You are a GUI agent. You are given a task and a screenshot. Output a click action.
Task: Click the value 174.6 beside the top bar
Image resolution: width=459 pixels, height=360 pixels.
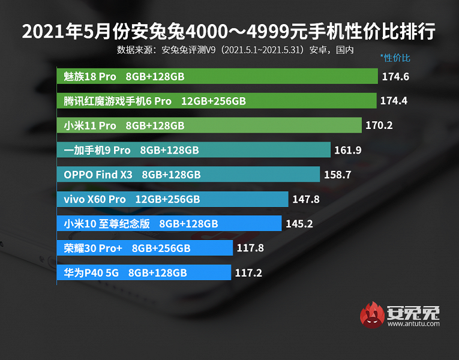point(394,77)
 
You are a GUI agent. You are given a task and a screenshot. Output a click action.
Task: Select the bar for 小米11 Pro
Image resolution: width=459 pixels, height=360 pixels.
point(211,125)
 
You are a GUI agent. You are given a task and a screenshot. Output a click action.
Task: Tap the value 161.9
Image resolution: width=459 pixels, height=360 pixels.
point(348,150)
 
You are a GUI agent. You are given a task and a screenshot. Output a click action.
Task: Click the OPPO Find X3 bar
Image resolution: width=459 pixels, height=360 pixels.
point(188,175)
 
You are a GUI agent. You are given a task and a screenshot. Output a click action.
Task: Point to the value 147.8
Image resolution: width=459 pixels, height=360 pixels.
point(305,199)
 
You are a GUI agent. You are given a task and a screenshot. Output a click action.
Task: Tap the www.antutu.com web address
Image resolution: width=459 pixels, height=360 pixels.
point(413,324)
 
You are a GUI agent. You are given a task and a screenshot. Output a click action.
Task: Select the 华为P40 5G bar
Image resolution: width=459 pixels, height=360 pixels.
point(144,272)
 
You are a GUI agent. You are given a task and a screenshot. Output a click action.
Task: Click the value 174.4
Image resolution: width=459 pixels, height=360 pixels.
point(394,101)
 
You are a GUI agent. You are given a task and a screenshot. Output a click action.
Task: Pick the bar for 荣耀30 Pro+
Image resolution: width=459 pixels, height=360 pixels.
point(145,248)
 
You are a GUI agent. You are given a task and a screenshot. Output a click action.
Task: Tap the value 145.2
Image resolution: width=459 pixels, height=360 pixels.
point(298,224)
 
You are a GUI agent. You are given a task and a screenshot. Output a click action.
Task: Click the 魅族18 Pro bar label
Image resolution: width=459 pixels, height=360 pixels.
point(90,77)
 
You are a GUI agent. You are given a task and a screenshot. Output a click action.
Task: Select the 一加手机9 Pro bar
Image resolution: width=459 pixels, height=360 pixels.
point(194,150)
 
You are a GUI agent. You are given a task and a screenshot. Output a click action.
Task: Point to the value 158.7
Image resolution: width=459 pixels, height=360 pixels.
point(337,175)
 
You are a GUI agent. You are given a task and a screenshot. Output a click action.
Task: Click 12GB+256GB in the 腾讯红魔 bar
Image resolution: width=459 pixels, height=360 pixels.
point(214,101)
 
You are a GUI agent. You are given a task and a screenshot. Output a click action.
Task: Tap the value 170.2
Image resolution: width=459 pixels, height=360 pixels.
point(380,125)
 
